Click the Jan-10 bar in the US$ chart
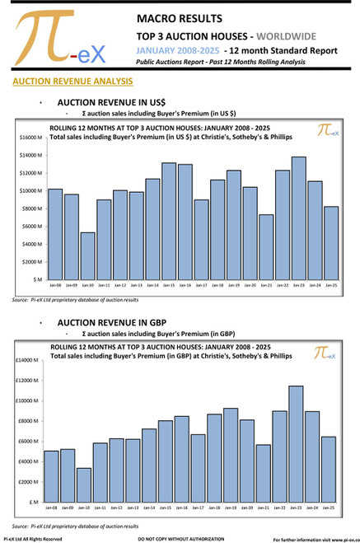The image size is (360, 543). tap(88, 256)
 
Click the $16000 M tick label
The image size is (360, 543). tap(30, 138)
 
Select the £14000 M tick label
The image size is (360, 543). tap(28, 361)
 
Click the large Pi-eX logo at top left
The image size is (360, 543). tap(58, 40)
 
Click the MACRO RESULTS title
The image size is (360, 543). tap(180, 18)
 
